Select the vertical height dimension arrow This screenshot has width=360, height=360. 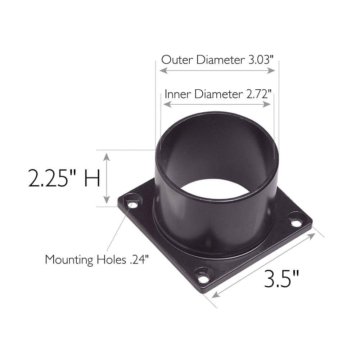coord(107,178)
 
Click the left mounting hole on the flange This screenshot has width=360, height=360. coord(132,205)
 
